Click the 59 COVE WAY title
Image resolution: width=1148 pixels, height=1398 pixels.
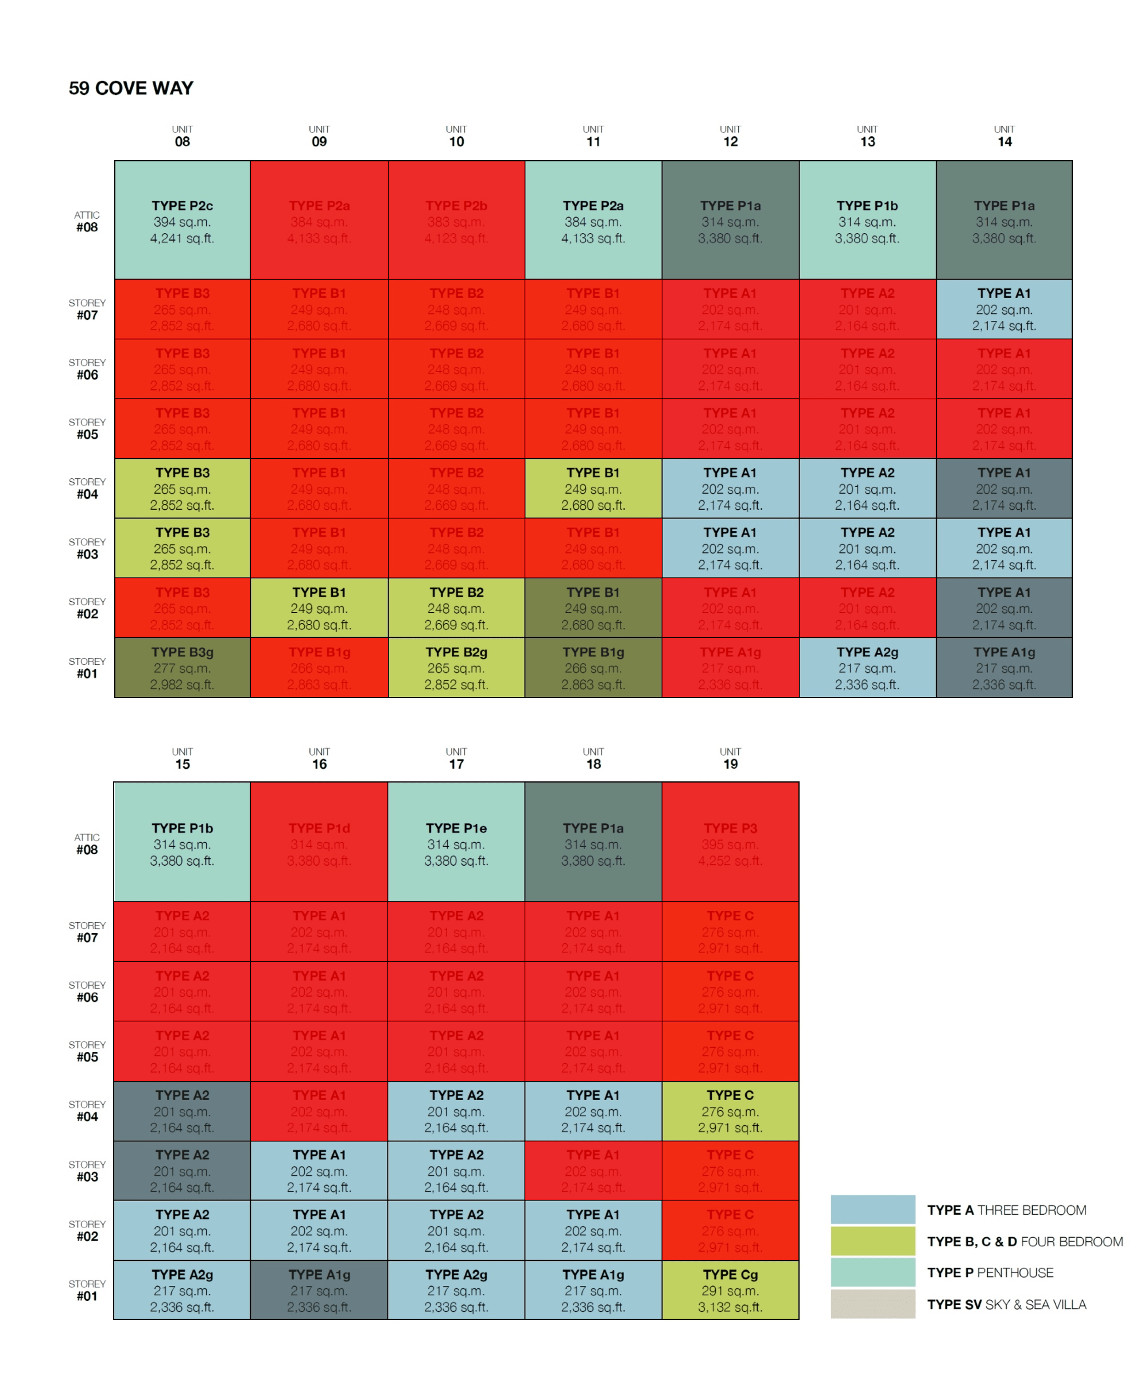point(131,88)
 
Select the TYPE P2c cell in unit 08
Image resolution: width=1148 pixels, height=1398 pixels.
point(182,221)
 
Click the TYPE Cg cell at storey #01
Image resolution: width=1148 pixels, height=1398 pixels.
point(730,1289)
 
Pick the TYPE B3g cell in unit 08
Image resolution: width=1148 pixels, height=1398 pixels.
point(182,668)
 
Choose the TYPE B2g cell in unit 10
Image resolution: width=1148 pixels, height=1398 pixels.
point(456,668)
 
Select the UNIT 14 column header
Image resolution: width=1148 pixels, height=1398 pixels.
point(1004,136)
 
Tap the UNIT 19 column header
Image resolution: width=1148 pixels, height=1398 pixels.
point(730,758)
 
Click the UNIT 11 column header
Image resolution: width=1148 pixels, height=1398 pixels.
point(593,136)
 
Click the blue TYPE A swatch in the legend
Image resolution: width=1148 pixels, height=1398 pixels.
point(873,1210)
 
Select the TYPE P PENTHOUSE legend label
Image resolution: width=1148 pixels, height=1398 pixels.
point(990,1272)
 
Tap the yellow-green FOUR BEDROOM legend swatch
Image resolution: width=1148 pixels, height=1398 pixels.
point(873,1241)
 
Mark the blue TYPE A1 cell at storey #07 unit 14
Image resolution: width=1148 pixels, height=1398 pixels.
point(1004,309)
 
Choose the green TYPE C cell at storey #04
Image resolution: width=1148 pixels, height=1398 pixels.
point(730,1111)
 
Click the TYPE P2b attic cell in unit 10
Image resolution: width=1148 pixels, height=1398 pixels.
point(456,221)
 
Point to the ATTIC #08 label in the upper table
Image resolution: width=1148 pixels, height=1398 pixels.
point(87,222)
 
